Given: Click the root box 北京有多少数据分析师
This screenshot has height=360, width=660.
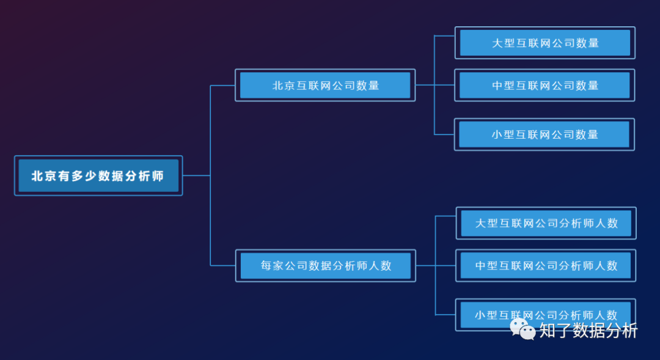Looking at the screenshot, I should [98, 175].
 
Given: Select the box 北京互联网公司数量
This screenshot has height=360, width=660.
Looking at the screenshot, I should [325, 85].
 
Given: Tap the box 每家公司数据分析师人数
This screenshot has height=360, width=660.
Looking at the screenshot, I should [326, 265].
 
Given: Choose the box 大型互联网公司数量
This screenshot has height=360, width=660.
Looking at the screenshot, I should [545, 43].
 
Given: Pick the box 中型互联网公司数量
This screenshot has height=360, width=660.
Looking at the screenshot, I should [545, 85].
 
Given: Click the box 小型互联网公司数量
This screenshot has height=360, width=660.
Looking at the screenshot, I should [544, 134].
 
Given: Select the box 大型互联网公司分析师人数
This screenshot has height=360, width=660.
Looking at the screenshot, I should [546, 223].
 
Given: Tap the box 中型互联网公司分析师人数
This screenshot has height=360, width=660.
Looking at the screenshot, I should [546, 265].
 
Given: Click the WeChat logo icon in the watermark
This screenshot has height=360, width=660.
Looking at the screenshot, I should [522, 329].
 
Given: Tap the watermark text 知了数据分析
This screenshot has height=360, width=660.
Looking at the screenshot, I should [588, 331].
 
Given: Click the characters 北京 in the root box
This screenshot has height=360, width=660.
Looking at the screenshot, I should [43, 176].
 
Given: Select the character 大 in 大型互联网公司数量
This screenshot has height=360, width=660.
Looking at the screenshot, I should [497, 43].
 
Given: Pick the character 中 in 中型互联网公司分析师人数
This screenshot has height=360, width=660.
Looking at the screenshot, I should [481, 266].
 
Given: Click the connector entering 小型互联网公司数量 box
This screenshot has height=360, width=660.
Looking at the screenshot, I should [444, 134].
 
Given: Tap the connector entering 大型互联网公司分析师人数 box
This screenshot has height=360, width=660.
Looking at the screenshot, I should [446, 216].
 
